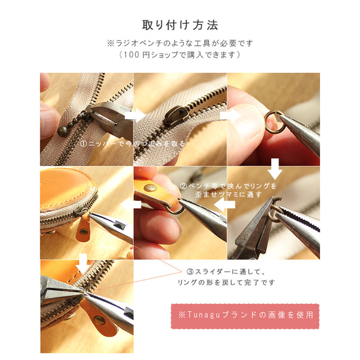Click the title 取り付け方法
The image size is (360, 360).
coord(180,25)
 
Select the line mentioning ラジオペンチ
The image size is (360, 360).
coord(180,44)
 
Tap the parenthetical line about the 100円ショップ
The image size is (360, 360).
coord(180,55)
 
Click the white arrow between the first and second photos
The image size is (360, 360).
coord(134,115)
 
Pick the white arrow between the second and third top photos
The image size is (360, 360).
coord(228,115)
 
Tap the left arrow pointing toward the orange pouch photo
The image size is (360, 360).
coord(128,206)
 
